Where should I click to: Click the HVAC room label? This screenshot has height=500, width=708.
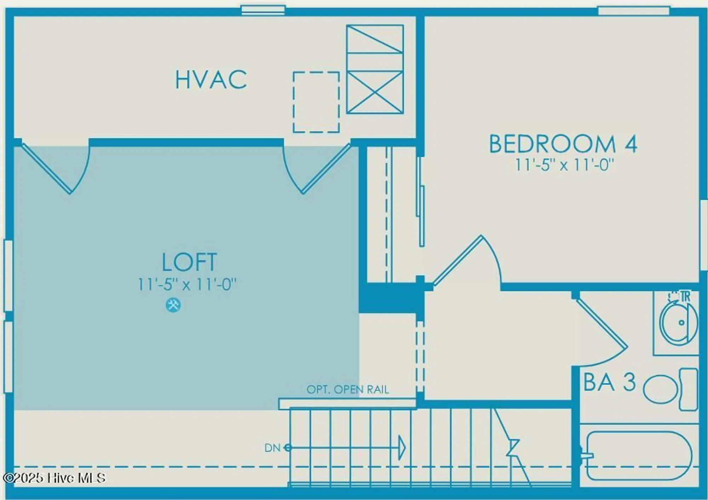211,80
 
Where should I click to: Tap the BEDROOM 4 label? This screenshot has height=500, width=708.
563,144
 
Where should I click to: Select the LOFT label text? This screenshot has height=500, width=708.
189,262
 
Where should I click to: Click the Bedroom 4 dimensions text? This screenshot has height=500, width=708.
564,165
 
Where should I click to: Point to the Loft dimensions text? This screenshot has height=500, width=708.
187,284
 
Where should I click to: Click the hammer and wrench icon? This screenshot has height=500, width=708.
173,305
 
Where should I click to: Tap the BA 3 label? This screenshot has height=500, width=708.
610,382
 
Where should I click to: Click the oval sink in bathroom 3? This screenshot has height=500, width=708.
678,322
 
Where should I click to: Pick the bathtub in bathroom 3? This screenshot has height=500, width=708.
639,455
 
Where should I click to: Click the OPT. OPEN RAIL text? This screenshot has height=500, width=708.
348,390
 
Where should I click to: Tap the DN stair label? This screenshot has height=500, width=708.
272,448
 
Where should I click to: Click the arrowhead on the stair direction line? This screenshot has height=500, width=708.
402,448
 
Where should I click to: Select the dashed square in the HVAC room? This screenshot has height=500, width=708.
316,102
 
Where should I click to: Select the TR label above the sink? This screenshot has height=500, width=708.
685,297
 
